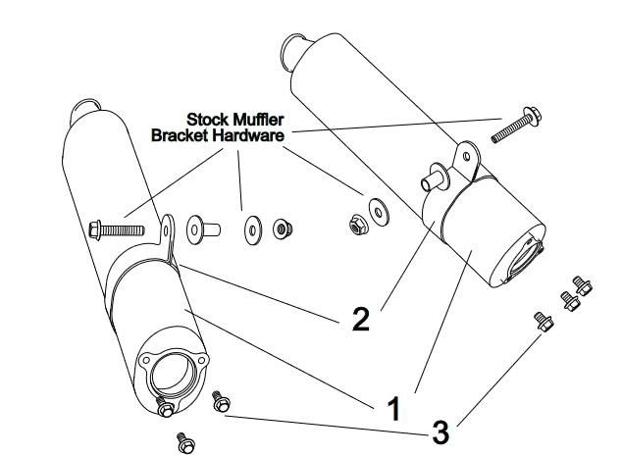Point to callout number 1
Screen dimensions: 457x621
point(393,407)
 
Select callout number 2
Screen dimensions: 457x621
point(361,319)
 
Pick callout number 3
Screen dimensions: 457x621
point(441,432)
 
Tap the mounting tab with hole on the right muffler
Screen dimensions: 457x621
point(464,156)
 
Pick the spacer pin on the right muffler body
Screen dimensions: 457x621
point(433,179)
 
